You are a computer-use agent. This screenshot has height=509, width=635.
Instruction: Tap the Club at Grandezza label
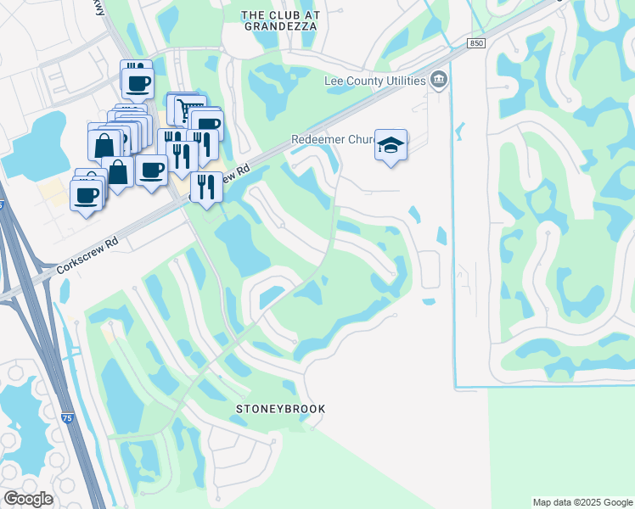click(x=279, y=20)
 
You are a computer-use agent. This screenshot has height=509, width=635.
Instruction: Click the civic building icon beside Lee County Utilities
click(x=438, y=81)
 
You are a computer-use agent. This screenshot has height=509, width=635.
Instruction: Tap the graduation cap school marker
click(x=391, y=146)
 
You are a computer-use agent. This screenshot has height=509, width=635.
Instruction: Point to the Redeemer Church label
click(x=331, y=140)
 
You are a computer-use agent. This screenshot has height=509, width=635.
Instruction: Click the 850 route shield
click(x=476, y=43)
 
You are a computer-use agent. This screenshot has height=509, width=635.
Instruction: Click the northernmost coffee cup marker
click(x=137, y=82)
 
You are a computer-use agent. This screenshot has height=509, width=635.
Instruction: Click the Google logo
click(x=28, y=499)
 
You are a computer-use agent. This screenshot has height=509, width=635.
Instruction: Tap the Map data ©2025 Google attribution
click(x=582, y=502)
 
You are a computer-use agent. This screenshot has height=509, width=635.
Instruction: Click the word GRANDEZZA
click(x=279, y=26)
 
